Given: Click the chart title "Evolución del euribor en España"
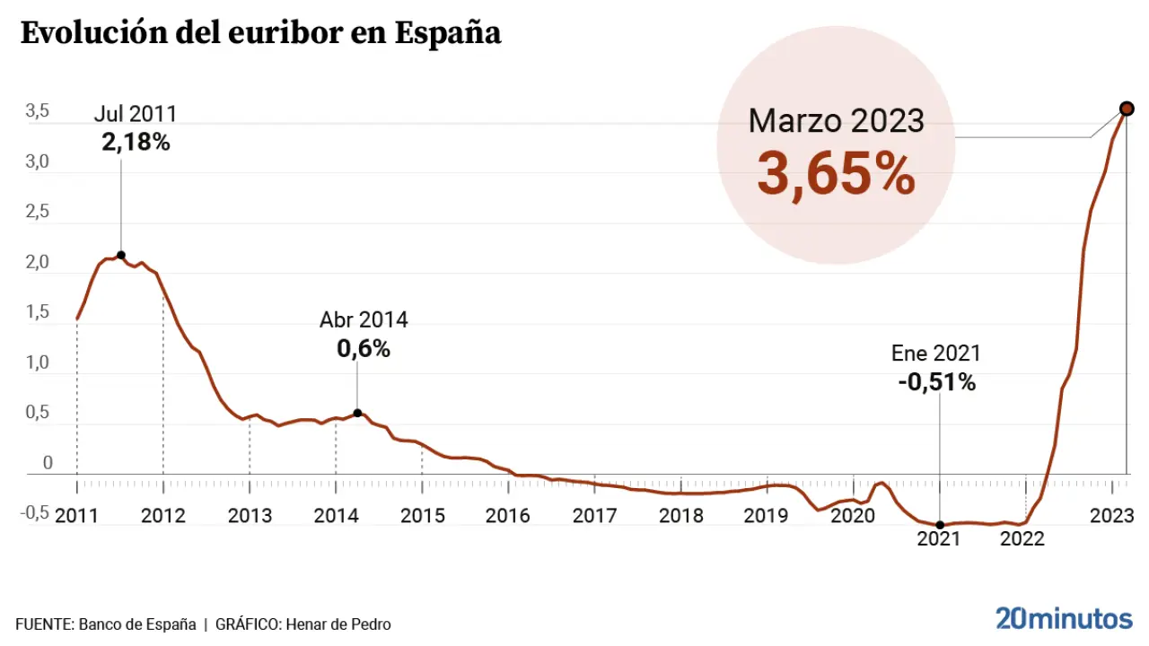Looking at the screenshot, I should (260, 33).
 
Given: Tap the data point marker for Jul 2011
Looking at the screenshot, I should (120, 255).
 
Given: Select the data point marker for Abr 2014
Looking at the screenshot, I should (357, 413).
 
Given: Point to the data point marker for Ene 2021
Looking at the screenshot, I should (940, 525).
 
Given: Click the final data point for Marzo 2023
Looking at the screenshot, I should (1127, 109).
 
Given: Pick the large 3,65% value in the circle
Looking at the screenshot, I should (836, 174).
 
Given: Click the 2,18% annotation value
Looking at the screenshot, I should (136, 142).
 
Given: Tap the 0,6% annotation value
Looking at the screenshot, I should (364, 349).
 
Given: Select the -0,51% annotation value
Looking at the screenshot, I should (936, 382).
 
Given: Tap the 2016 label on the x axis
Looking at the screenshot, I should (508, 516).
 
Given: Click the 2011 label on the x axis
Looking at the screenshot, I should (77, 516).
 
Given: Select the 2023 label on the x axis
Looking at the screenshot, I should (1111, 516).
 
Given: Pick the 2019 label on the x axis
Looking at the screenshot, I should (767, 516).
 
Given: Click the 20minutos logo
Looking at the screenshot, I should (1064, 618).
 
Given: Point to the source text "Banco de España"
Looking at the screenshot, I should (137, 624).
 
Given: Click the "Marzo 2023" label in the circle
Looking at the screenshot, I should (836, 119).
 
